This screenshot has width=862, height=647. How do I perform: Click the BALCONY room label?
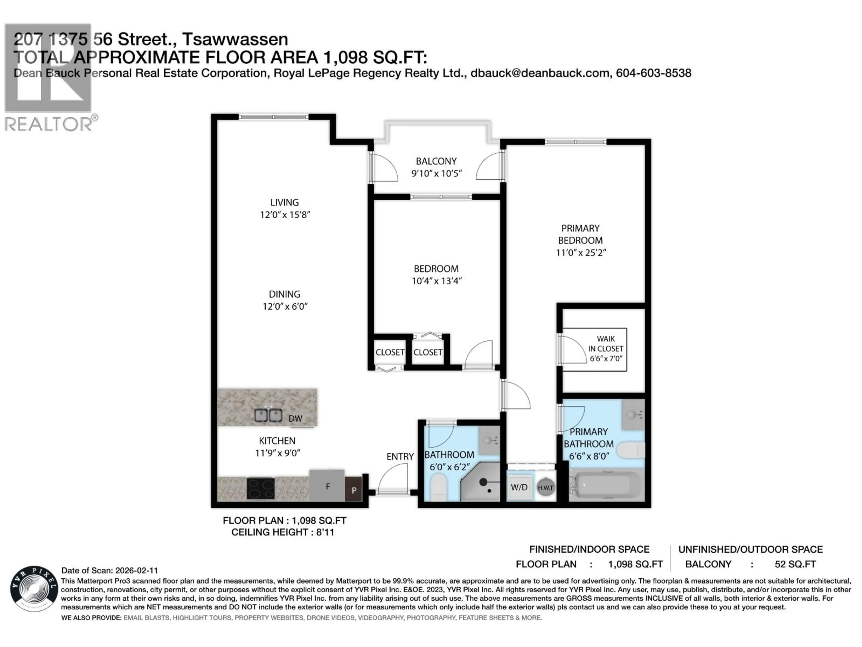click(436, 161)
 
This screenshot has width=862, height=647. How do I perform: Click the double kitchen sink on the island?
click(268, 416)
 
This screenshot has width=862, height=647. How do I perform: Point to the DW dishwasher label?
click(295, 419)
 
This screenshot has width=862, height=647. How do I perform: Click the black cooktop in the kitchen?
click(260, 488)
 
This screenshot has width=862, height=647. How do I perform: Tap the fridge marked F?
click(327, 486)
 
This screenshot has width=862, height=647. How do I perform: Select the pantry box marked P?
click(354, 490)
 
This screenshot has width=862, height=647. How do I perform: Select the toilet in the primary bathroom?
click(631, 450)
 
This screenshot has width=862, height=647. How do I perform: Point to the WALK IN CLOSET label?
click(606, 348)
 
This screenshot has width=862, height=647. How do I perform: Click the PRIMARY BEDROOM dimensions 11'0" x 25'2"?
click(581, 252)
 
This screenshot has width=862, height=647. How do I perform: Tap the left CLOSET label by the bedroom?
click(390, 352)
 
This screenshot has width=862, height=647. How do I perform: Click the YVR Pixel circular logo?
click(34, 589)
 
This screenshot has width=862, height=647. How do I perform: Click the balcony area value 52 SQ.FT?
click(795, 564)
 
